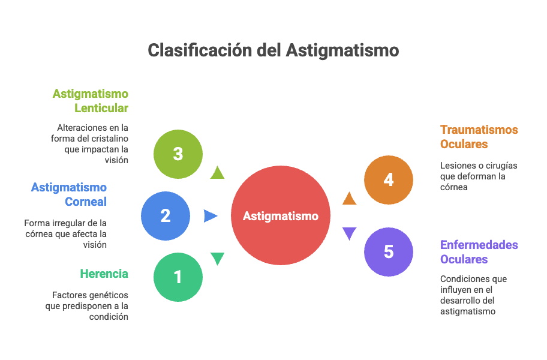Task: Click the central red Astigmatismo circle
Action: [x=281, y=215]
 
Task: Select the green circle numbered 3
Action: [x=178, y=154]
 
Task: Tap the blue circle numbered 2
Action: [x=165, y=215]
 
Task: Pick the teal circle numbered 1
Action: [x=178, y=277]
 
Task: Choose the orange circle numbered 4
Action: [x=389, y=179]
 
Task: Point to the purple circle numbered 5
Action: [x=389, y=251]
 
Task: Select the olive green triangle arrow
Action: [x=217, y=173]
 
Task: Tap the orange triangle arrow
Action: [x=349, y=198]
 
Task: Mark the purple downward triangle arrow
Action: [x=349, y=233]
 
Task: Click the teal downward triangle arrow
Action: [x=217, y=259]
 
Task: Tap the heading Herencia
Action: [x=104, y=274]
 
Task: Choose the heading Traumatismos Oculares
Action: [x=479, y=137]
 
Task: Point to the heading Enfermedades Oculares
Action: [x=479, y=252]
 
